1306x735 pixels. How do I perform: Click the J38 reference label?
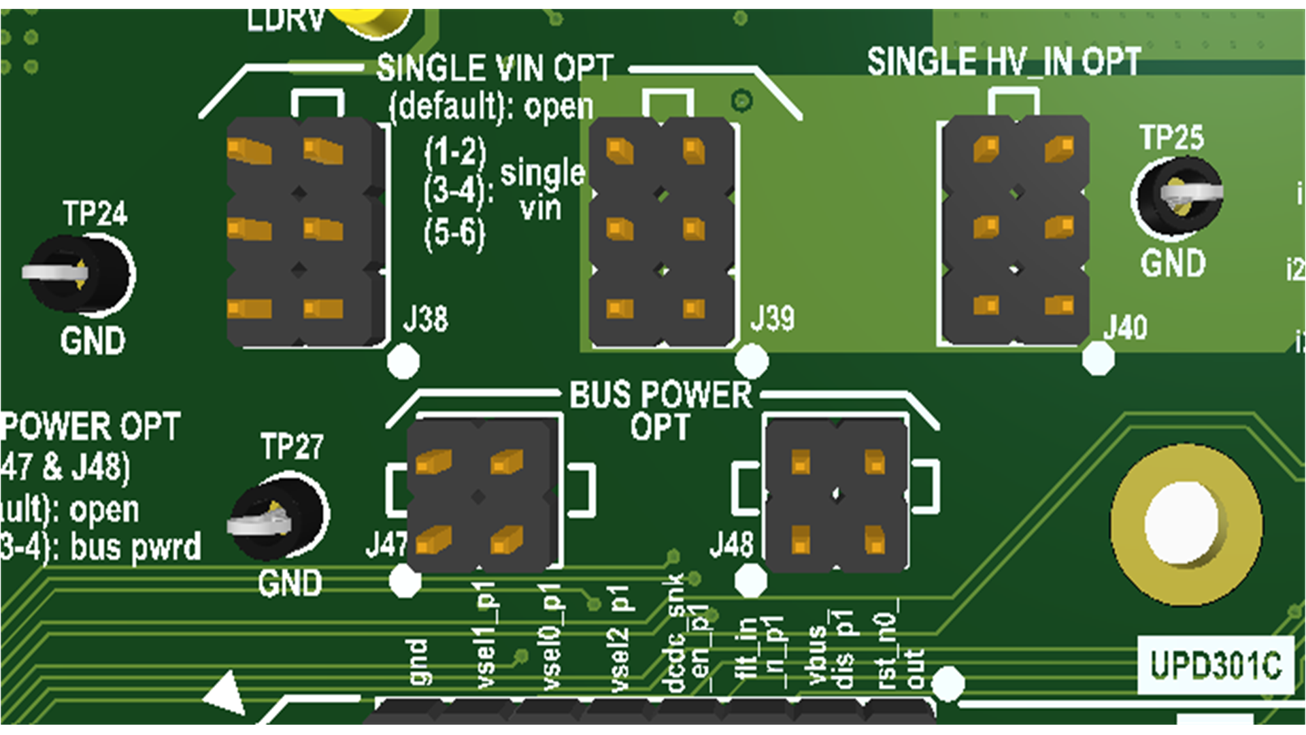point(426,318)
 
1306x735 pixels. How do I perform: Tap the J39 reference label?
point(772,318)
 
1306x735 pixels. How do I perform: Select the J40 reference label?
point(1125,327)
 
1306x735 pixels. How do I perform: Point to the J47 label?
point(386,544)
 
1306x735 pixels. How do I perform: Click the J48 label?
point(732,544)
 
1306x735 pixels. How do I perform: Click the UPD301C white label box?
point(1215,665)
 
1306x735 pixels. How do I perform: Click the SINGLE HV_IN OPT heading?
point(1003,63)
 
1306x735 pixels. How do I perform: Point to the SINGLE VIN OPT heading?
point(495,68)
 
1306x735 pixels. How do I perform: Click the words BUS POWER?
point(660,395)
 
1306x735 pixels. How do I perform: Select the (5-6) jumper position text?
point(454,235)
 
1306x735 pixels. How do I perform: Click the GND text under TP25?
point(1173,263)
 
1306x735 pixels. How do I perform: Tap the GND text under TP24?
point(93,341)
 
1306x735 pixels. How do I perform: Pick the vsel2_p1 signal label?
point(619,638)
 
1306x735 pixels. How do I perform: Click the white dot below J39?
point(752,361)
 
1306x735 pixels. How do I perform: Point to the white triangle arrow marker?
point(226,693)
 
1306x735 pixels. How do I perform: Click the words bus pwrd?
point(136,547)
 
